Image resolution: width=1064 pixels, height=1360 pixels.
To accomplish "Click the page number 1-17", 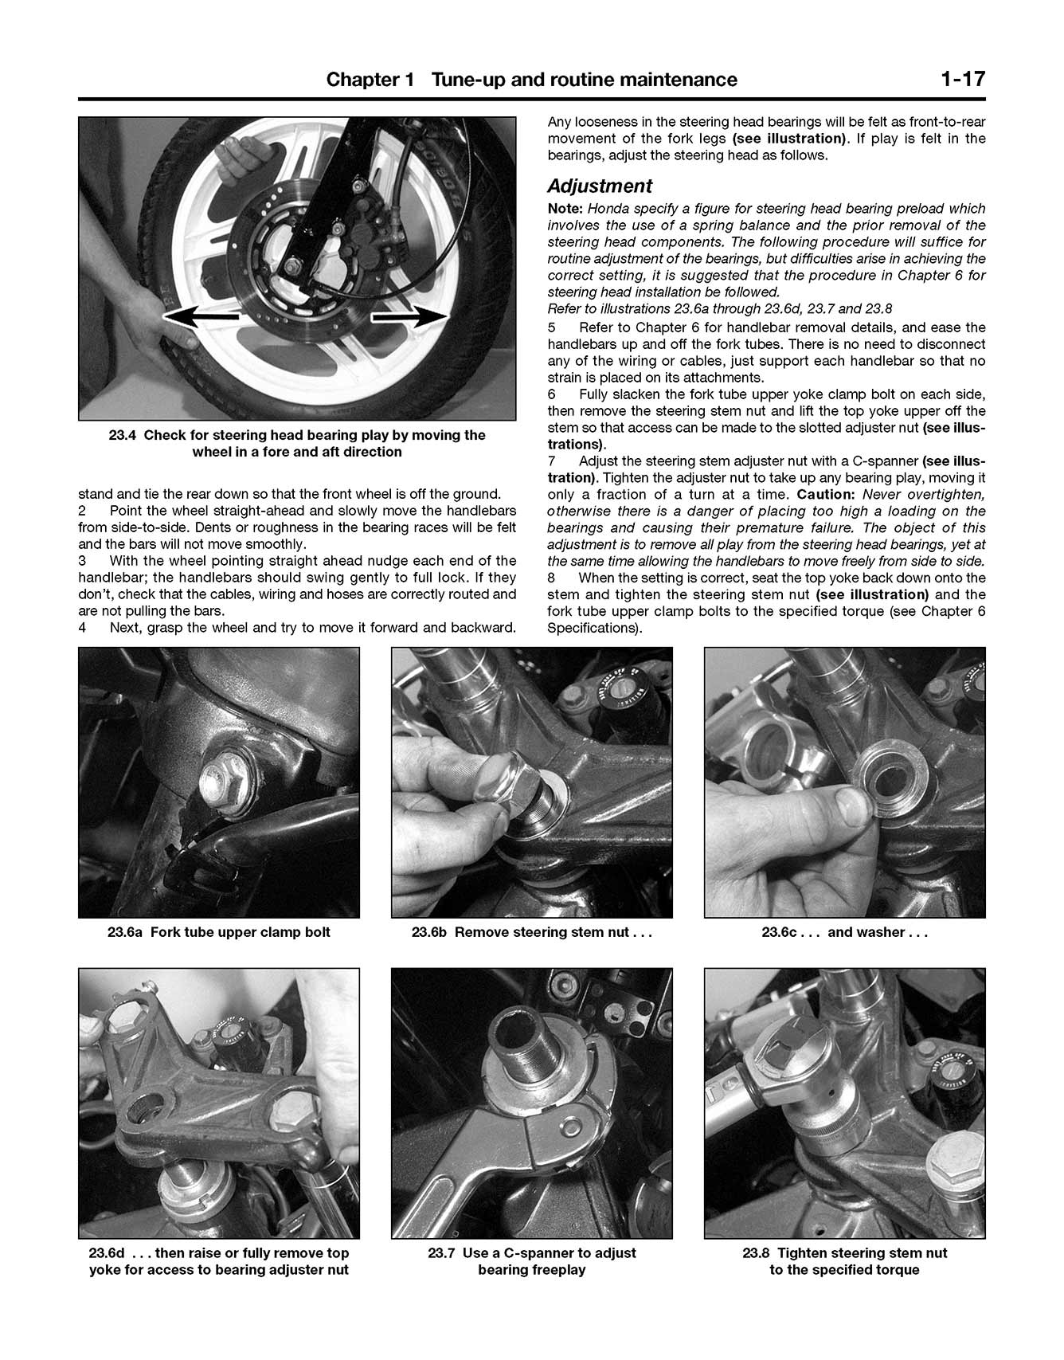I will click(961, 80).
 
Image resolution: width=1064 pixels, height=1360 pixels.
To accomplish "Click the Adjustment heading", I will click(599, 186).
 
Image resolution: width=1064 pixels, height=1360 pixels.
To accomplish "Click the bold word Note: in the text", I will click(565, 209).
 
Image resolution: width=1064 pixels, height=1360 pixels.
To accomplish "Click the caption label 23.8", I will click(755, 1253).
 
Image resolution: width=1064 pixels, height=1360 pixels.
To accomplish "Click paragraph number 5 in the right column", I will click(552, 327).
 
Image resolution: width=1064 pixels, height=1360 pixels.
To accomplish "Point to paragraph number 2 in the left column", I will click(82, 511).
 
